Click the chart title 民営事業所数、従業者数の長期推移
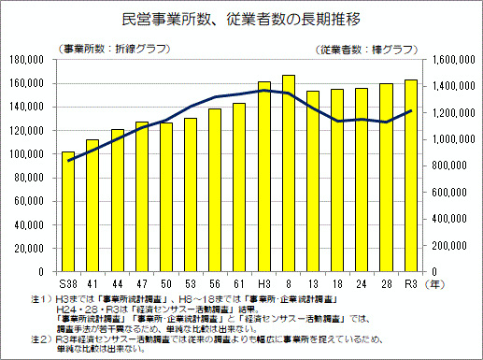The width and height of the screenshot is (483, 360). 241,18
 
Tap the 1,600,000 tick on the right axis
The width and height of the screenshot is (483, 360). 447,60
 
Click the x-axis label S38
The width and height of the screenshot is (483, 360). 68,281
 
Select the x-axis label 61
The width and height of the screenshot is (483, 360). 239,281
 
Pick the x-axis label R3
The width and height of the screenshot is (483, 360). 410,281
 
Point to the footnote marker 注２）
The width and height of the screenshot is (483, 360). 40,338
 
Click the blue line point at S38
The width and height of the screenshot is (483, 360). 68,161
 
